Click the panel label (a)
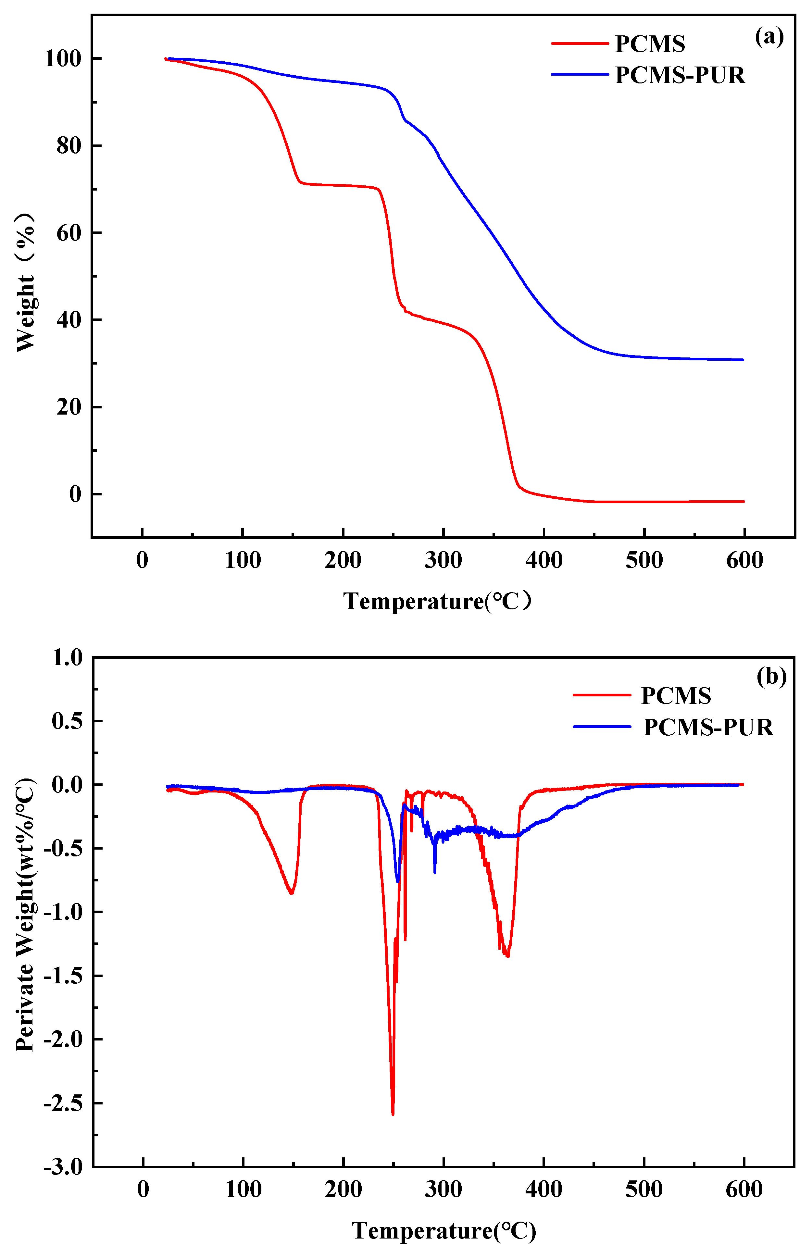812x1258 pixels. pyautogui.click(x=769, y=37)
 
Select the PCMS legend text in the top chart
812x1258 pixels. pyautogui.click(x=650, y=44)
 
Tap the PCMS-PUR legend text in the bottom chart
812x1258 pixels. pyautogui.click(x=708, y=727)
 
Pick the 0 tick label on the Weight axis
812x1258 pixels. pyautogui.click(x=75, y=494)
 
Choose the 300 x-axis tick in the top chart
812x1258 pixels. pyautogui.click(x=443, y=560)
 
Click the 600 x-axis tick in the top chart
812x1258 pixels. pyautogui.click(x=744, y=560)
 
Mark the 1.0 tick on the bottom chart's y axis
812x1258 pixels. pyautogui.click(x=68, y=657)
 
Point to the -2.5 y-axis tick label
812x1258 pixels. pyautogui.click(x=63, y=1103)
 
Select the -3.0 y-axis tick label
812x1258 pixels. pyautogui.click(x=63, y=1167)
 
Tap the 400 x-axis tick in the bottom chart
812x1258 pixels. pyautogui.click(x=543, y=1189)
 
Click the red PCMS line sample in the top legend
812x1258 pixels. pyautogui.click(x=580, y=43)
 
